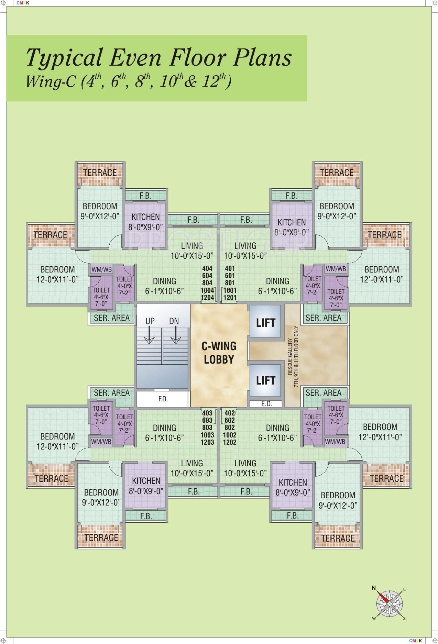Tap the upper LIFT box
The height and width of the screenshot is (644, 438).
click(266, 323)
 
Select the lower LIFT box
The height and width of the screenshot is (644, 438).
click(266, 380)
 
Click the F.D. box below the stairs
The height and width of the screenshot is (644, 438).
click(163, 400)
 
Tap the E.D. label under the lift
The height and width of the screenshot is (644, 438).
click(266, 404)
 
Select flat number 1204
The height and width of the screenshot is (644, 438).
click(207, 298)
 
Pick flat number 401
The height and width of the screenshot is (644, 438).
click(230, 268)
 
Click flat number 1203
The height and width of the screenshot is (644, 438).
click(207, 442)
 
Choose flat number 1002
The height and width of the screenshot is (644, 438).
click(230, 435)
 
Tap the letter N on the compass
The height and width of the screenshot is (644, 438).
click(374, 588)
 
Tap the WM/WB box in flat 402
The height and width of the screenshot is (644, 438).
click(336, 442)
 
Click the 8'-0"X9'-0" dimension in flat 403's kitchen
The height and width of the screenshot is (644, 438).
click(146, 491)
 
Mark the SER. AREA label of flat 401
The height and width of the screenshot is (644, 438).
click(324, 318)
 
